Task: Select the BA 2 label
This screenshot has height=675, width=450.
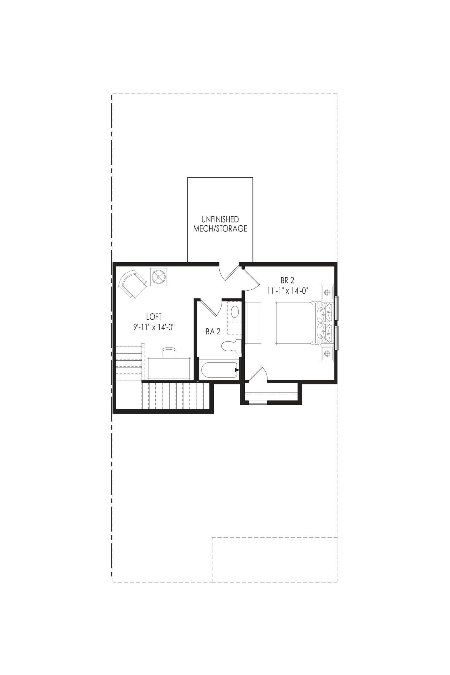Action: [x=213, y=332]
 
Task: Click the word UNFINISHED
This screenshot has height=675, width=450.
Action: [x=220, y=219]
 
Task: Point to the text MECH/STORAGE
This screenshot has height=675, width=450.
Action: [x=220, y=229]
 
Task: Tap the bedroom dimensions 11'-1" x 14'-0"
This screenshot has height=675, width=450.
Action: [x=287, y=290]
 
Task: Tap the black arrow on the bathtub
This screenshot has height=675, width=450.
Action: [x=237, y=370]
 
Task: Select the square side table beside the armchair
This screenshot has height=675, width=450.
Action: [x=159, y=277]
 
